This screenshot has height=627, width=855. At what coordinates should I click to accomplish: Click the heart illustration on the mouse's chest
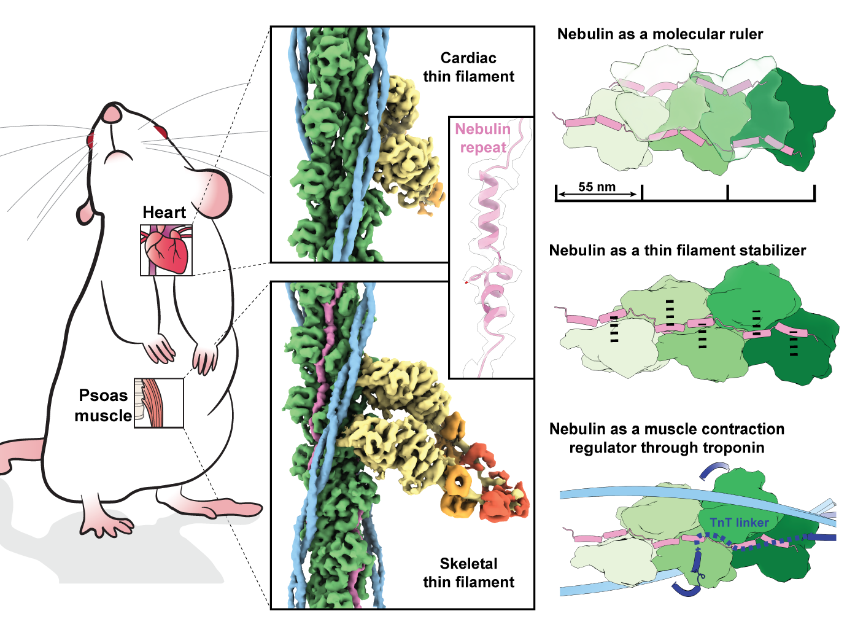click(166, 249)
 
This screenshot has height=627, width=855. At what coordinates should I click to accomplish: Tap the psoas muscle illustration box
click(158, 403)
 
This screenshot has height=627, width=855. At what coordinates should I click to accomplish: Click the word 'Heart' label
click(164, 212)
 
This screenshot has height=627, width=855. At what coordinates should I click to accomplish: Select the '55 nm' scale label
click(597, 187)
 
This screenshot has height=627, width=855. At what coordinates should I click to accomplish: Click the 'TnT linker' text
click(739, 523)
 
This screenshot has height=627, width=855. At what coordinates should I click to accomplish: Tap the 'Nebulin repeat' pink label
click(483, 138)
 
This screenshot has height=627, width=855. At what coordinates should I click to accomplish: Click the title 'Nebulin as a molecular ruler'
click(660, 34)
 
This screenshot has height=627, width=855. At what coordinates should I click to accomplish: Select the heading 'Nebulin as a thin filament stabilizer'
click(677, 251)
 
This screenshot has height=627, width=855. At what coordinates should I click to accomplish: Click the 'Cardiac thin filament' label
click(468, 67)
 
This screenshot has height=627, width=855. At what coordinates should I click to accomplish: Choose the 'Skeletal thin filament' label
click(468, 572)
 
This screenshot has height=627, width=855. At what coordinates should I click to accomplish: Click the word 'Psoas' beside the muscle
click(103, 395)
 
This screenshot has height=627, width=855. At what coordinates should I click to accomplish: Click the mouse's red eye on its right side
click(161, 131)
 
